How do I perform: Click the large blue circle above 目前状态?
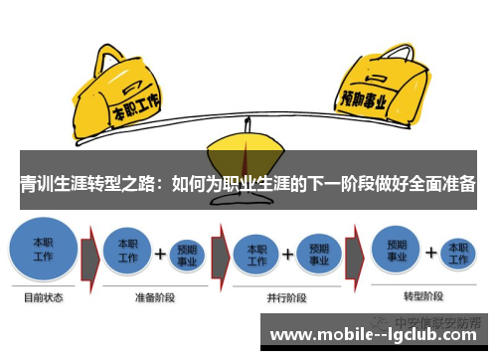[44, 249]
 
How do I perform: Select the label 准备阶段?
[156, 296]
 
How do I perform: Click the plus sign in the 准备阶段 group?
[158, 255]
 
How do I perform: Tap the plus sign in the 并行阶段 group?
[287, 255]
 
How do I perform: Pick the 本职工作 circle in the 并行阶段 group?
[256, 253]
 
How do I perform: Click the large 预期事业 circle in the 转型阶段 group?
[399, 249]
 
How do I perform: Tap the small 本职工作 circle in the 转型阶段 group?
[457, 251]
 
